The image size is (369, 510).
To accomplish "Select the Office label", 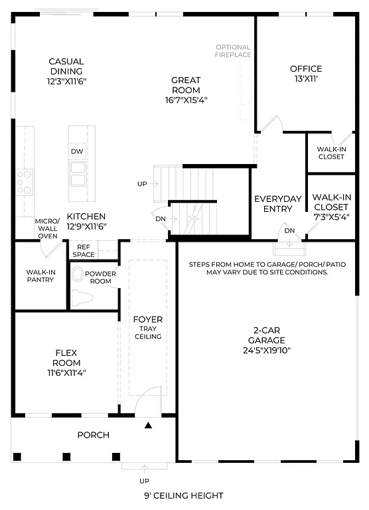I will [305, 68].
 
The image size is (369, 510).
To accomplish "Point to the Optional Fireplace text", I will [233, 51].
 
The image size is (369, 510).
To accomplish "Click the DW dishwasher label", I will [78, 151].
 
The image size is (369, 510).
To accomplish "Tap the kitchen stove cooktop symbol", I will [24, 182].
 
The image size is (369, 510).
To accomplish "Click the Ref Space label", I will [84, 250].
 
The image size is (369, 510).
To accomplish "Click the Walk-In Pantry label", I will [40, 276].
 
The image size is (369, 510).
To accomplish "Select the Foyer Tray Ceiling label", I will [148, 328].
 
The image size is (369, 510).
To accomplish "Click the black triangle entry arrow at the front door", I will [149, 424].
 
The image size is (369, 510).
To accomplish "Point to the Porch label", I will [93, 435].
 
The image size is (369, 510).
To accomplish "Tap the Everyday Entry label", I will [277, 204].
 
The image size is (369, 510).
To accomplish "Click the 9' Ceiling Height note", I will [183, 495].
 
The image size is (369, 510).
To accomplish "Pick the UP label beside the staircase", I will [142, 183].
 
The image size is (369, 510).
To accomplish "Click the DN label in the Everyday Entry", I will [289, 230].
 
